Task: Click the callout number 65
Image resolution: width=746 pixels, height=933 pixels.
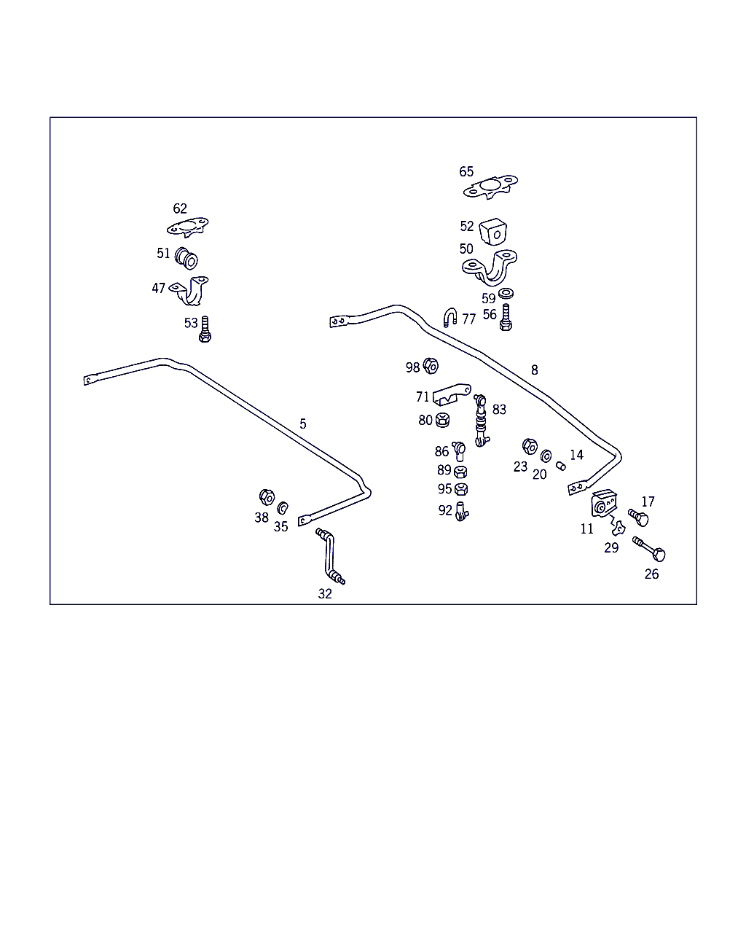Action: point(466,172)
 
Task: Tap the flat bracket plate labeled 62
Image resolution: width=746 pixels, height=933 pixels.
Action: point(187,226)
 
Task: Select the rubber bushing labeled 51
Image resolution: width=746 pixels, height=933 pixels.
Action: point(186,258)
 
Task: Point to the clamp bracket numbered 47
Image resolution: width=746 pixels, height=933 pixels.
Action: point(190,291)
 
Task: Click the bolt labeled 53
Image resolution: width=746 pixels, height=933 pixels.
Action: point(205,329)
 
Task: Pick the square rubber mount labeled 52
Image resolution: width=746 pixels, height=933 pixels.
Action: point(493,232)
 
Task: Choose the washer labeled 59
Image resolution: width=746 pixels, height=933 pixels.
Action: point(506,294)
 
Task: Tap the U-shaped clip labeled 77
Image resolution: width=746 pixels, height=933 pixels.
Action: point(450,317)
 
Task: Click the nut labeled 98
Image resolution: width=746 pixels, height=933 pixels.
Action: point(431,366)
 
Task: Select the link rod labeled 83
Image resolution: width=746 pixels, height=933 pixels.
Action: point(481,421)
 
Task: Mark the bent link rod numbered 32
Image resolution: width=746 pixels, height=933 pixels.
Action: point(330,556)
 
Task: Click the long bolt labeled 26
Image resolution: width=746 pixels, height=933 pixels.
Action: point(649,550)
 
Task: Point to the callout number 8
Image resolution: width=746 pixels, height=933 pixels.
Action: point(535,370)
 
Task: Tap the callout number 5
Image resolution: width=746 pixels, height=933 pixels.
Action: point(303,423)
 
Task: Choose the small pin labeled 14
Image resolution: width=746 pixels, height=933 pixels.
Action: point(560,466)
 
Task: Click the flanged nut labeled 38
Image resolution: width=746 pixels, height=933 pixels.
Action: point(267,497)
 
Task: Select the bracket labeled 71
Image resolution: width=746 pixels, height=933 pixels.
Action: point(452,394)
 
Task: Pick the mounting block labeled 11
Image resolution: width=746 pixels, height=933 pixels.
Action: point(604,504)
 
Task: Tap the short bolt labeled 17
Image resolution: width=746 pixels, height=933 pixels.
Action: point(638,518)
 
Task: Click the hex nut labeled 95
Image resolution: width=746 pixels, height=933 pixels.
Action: point(461,489)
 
